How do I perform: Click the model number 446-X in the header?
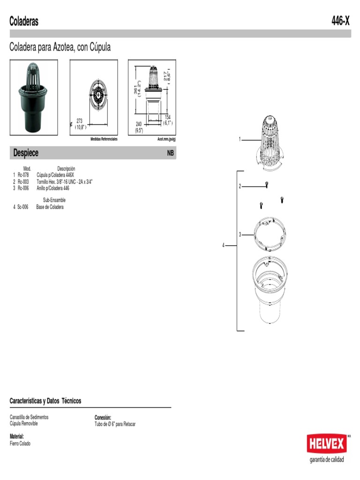tap(340, 21)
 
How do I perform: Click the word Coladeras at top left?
tap(24, 21)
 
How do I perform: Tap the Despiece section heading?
tap(26, 153)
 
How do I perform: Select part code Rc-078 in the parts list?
tap(23, 175)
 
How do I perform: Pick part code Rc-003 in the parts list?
tap(23, 182)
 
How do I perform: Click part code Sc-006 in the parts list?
tap(22, 207)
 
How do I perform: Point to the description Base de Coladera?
tap(50, 207)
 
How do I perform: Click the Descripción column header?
tap(66, 169)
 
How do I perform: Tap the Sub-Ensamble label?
tap(54, 200)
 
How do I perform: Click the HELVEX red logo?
tap(327, 443)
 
